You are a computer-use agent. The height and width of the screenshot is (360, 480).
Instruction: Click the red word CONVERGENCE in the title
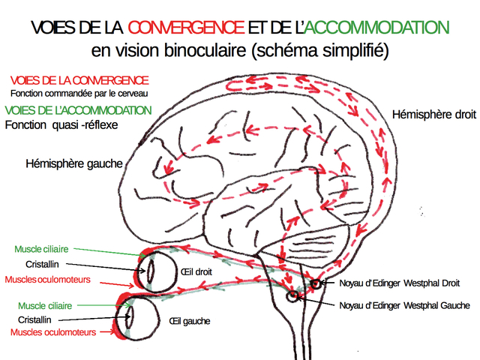coord(186,28)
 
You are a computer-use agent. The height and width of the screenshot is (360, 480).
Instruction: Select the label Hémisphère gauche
coord(73,163)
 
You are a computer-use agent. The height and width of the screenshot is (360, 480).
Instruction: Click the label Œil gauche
coord(189,321)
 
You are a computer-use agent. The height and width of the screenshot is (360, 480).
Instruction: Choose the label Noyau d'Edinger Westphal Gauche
coord(404,305)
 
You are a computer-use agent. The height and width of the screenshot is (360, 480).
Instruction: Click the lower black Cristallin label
coord(36,319)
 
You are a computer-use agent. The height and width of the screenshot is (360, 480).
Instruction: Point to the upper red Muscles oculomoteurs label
coord(48,279)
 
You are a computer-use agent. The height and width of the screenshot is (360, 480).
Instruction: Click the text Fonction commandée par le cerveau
coord(79,94)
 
